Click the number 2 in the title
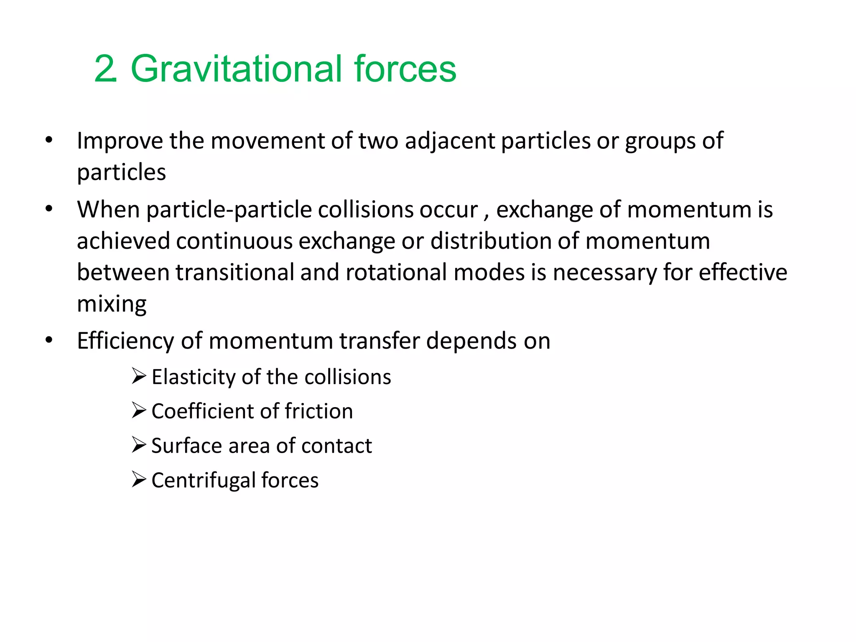(x=104, y=69)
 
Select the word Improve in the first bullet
(x=120, y=141)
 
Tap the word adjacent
(x=450, y=141)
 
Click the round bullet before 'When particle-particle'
(x=49, y=209)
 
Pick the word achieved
(x=123, y=241)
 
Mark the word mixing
(x=112, y=304)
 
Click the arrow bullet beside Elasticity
(x=139, y=376)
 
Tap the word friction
(x=318, y=411)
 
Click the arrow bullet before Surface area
(x=139, y=445)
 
